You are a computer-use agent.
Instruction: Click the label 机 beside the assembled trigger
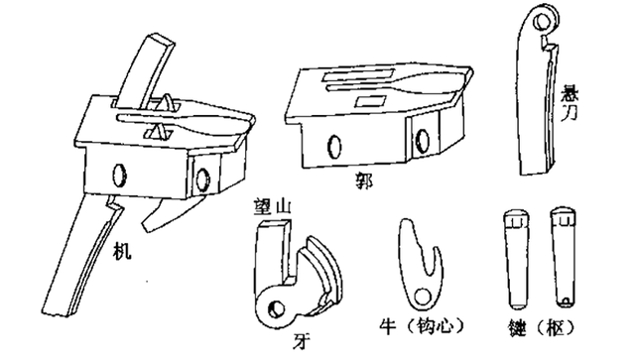pyautogui.click(x=122, y=251)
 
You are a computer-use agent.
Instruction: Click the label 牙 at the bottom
pyautogui.click(x=302, y=341)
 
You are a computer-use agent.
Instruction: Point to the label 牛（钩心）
pyautogui.click(x=422, y=326)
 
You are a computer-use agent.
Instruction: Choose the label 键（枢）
pyautogui.click(x=542, y=327)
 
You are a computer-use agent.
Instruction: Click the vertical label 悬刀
pyautogui.click(x=569, y=103)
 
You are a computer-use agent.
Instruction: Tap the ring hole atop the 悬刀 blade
pyautogui.click(x=542, y=22)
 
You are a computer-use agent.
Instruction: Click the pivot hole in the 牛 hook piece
pyautogui.click(x=422, y=298)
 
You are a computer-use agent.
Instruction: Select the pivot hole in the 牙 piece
pyautogui.click(x=278, y=309)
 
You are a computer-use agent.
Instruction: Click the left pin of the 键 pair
pyautogui.click(x=516, y=259)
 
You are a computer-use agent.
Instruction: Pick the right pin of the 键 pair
pyautogui.click(x=565, y=256)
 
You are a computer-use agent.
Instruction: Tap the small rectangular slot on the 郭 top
pyautogui.click(x=371, y=100)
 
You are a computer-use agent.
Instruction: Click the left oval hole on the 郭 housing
pyautogui.click(x=335, y=146)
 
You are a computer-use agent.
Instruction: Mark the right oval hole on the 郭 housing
pyautogui.click(x=423, y=141)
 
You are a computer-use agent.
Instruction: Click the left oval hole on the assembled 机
pyautogui.click(x=119, y=176)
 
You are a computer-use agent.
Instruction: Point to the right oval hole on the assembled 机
pyautogui.click(x=202, y=179)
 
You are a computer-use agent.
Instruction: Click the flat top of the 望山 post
pyautogui.click(x=275, y=223)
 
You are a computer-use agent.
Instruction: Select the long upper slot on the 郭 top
pyautogui.click(x=357, y=75)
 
